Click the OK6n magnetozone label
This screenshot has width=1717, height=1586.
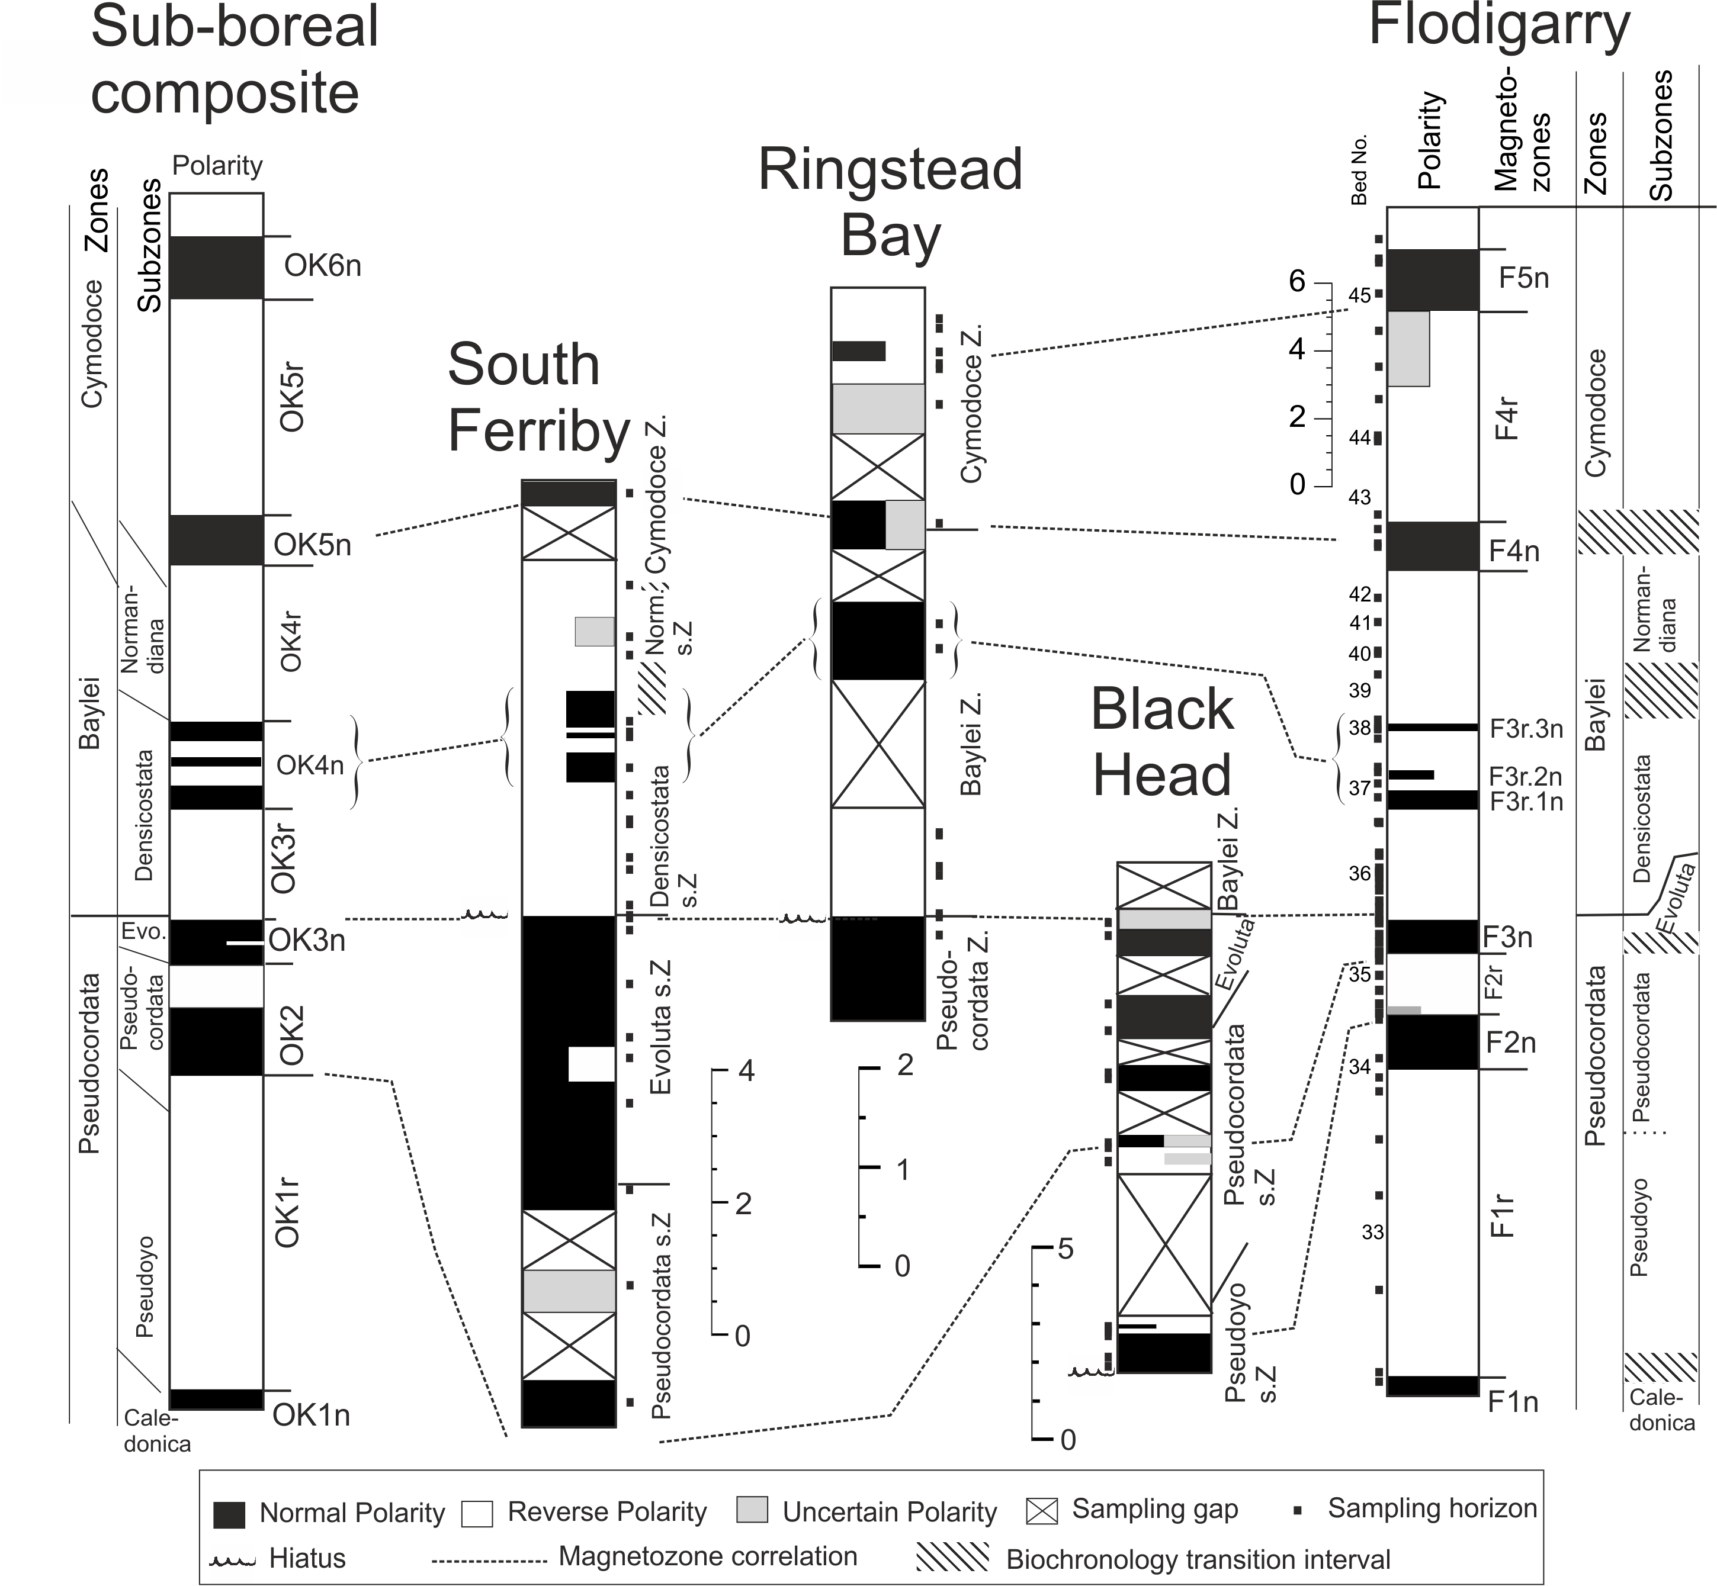[x=322, y=266]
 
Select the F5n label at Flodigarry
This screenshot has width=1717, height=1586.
[x=1524, y=278]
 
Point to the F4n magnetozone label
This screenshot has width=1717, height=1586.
[x=1513, y=551]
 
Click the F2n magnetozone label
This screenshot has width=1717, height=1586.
[x=1511, y=1043]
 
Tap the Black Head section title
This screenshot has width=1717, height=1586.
[x=1161, y=742]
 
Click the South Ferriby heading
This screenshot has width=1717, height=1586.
[x=539, y=397]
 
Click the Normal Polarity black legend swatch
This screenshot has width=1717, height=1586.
[x=229, y=1515]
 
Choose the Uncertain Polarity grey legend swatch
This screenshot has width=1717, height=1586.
[x=752, y=1511]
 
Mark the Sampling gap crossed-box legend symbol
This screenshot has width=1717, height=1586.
[x=1041, y=1511]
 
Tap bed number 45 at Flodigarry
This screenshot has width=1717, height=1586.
[x=1359, y=296]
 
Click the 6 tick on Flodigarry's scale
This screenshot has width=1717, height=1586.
[x=1297, y=281]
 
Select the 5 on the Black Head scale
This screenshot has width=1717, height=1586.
[x=1065, y=1249]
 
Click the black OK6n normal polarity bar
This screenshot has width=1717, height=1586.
[x=216, y=268]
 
